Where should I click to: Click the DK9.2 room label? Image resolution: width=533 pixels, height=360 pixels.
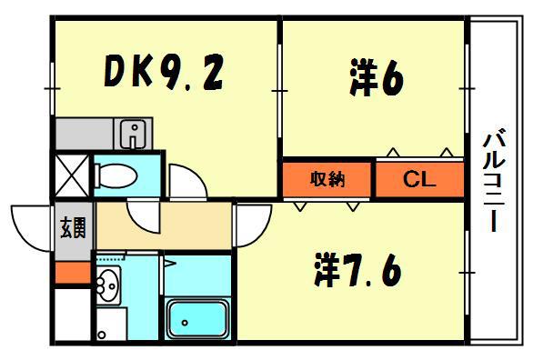[x=164, y=72]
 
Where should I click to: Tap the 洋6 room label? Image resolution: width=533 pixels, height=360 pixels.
[x=375, y=79]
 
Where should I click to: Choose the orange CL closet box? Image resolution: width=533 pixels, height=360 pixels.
[x=420, y=179]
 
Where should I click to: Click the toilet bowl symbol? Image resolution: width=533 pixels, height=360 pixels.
[x=115, y=175]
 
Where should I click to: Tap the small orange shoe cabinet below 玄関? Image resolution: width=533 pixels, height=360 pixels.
[x=72, y=270]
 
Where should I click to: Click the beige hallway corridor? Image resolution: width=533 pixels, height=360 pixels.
[x=164, y=225]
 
